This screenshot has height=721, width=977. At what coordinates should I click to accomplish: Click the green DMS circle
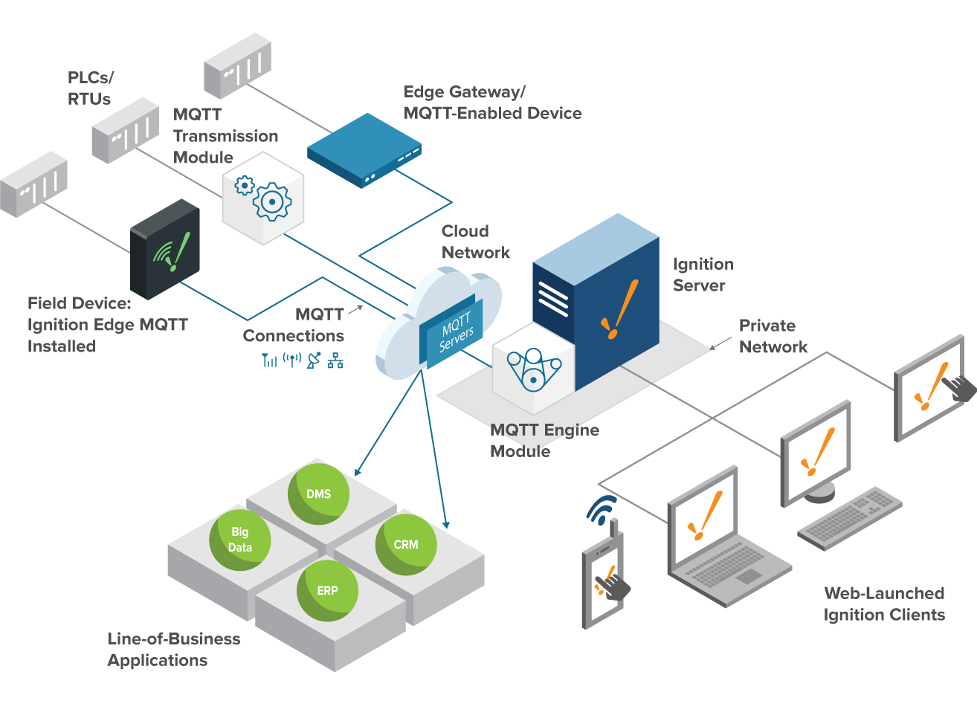coord(319,494)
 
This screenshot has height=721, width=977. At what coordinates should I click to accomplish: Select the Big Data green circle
coord(240,540)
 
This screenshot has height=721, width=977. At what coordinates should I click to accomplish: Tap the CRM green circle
coord(406,544)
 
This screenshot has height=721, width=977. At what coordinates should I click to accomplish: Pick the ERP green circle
coord(327,590)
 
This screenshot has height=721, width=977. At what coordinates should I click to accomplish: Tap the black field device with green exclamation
coord(166,249)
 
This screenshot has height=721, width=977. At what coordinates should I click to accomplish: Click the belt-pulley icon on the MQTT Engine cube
coord(533,368)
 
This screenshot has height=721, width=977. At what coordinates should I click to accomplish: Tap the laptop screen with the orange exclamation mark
coord(703,517)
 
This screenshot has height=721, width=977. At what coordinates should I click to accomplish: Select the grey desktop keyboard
coord(850,518)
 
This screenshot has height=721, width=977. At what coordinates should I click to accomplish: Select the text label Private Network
coord(773,336)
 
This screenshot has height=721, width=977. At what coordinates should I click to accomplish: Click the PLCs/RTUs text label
coord(90,88)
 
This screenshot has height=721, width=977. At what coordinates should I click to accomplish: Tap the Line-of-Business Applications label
coord(173,649)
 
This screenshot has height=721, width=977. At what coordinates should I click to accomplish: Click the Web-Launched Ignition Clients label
coord(883,604)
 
